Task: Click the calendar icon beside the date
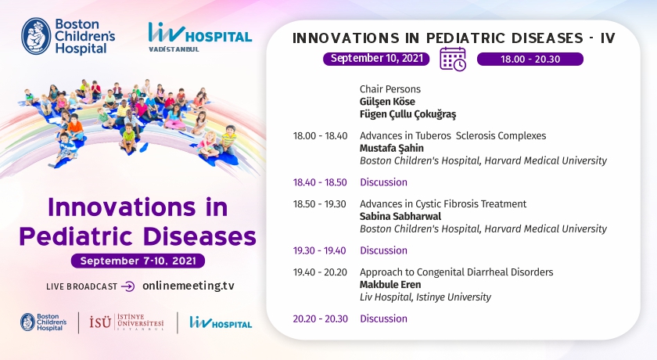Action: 453,59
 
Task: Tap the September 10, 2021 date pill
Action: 376,59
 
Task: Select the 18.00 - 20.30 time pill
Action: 530,59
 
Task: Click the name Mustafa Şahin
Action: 391,148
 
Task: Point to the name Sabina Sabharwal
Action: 400,216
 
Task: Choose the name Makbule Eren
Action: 390,285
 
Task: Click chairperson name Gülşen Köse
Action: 387,102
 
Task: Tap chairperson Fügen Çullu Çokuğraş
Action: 407,114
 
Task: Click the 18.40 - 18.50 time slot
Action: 320,182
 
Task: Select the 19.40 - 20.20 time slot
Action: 320,272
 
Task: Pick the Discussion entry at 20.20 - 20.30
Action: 383,319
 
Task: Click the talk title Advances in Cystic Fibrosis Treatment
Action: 443,204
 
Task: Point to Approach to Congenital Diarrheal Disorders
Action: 456,272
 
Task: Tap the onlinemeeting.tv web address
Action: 188,286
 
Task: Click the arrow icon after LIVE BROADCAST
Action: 127,286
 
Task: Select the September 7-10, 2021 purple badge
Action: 138,261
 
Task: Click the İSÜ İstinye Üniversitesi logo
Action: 127,322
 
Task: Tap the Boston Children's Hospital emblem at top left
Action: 36,36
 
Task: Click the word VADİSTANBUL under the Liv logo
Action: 174,49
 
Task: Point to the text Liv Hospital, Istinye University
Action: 425,297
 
